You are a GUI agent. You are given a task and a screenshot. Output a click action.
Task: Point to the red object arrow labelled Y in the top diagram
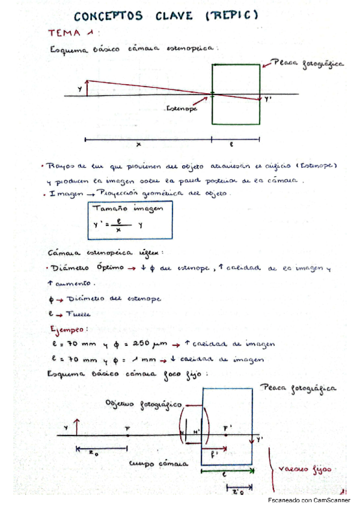point(87,88)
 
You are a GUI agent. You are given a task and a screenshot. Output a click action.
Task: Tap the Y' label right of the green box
point(268,102)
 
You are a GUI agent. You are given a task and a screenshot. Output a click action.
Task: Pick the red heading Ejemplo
point(72,330)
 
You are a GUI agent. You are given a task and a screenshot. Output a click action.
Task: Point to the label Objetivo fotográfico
point(143,404)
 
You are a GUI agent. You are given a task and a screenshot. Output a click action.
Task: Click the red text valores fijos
point(307,469)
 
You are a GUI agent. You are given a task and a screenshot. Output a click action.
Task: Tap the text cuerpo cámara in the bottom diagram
point(159,464)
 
